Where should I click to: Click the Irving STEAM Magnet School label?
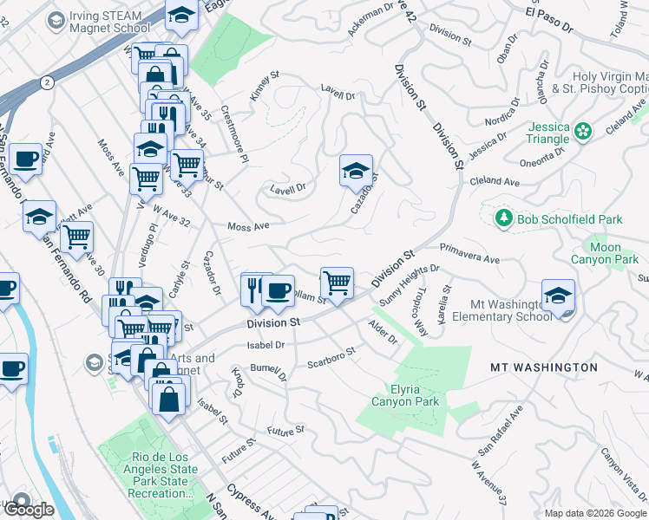pos(108,20)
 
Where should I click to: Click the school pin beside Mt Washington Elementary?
pos(558,296)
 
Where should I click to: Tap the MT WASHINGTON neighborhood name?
pos(544,367)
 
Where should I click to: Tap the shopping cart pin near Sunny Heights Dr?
pos(337,282)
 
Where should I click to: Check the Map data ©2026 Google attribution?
pos(595,513)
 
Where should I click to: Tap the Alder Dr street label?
pos(382,333)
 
